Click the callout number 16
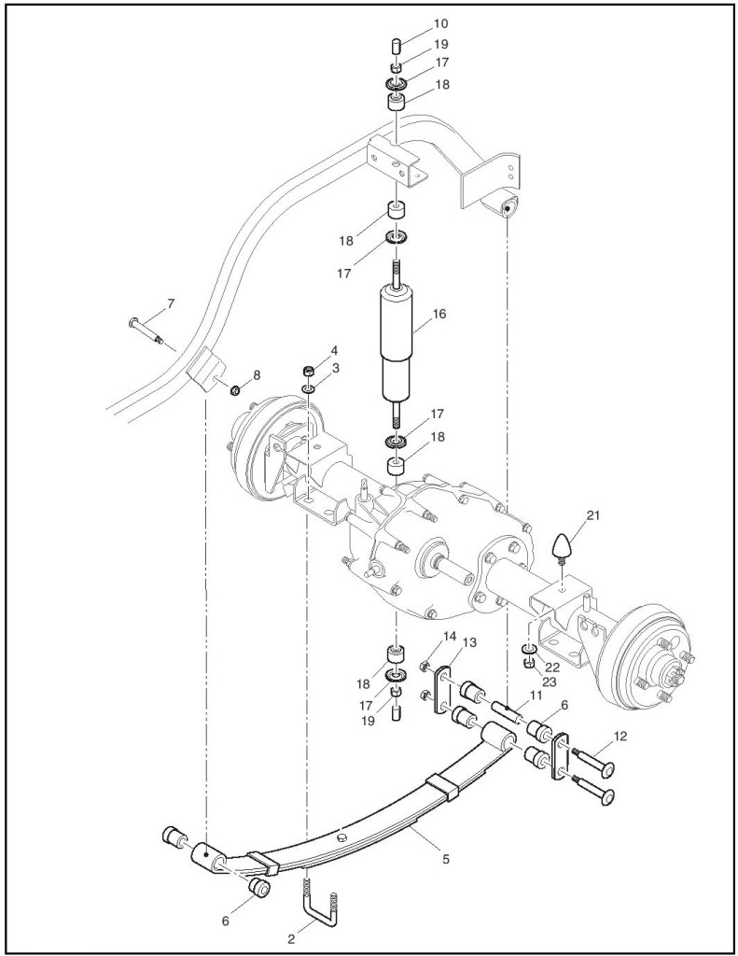pos(439,314)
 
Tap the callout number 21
pos(593,515)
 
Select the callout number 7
pos(170,303)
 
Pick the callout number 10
pos(440,23)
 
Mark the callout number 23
pos(550,681)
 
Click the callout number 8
pos(257,375)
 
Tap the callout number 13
pos(469,642)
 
